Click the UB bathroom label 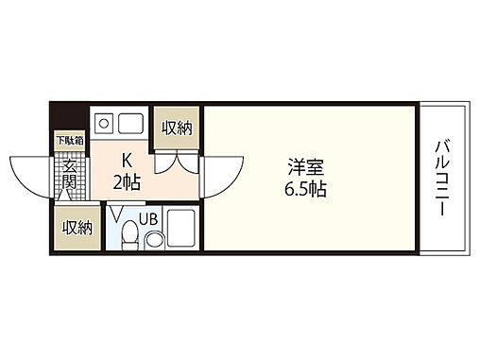point(149,219)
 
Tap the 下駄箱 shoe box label point(69,141)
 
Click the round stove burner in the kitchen point(105,122)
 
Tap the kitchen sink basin point(130,122)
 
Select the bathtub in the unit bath point(181,232)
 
